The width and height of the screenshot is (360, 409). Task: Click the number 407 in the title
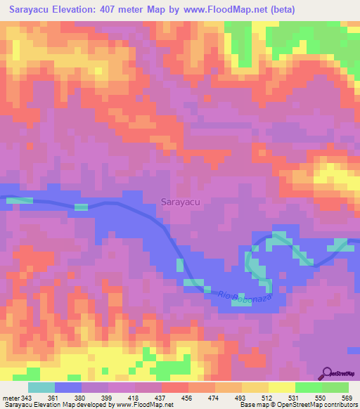tap(120, 11)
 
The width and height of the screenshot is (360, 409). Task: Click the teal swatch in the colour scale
tap(41, 388)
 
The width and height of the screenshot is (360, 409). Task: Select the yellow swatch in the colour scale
tap(282, 388)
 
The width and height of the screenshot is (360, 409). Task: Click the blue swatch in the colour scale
tap(68, 388)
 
